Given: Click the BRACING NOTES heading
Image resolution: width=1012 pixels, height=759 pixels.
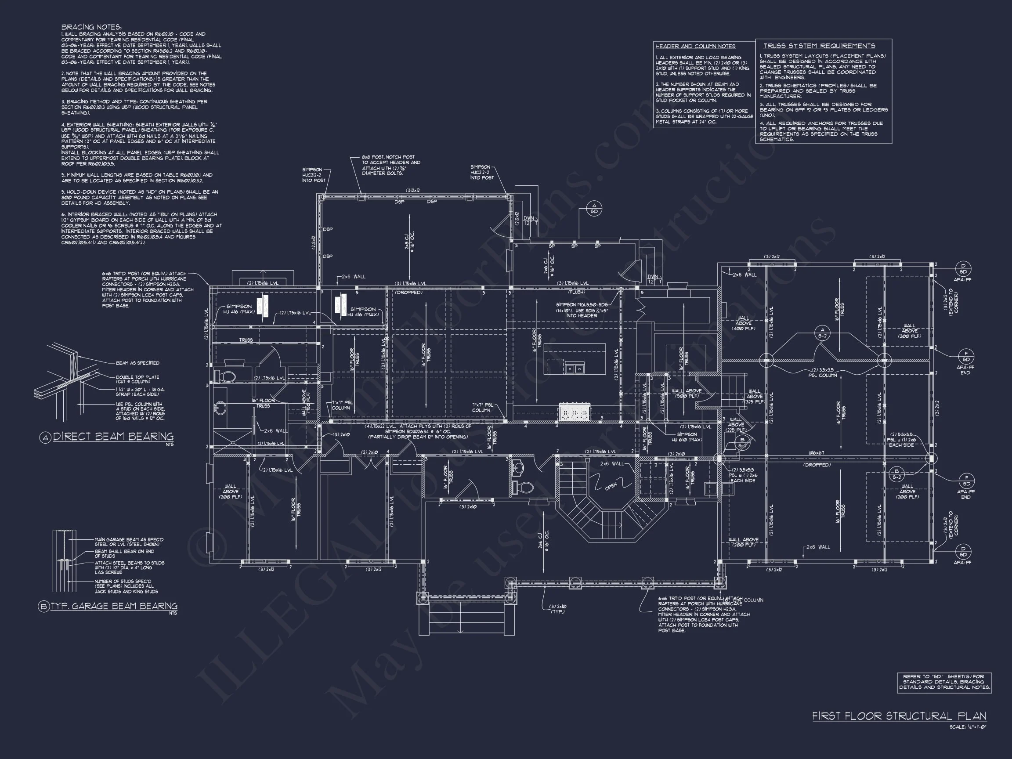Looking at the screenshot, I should click(x=91, y=27).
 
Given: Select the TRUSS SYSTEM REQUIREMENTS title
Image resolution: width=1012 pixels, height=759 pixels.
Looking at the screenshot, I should click(x=819, y=46).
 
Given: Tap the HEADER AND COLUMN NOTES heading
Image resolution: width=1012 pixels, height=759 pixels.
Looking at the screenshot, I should click(x=695, y=46).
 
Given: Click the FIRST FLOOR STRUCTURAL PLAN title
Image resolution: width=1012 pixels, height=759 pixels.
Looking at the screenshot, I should click(x=899, y=716).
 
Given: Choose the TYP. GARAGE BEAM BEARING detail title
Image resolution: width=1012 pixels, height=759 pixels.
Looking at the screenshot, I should click(x=113, y=606).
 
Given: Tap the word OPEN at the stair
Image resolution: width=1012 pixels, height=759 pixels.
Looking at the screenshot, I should click(x=611, y=486).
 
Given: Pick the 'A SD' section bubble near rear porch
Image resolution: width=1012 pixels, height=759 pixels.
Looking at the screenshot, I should click(x=594, y=209).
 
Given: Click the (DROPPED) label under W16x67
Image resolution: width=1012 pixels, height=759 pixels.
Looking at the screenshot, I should click(x=817, y=465).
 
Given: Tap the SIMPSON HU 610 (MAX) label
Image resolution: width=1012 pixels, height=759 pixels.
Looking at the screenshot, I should click(x=687, y=437).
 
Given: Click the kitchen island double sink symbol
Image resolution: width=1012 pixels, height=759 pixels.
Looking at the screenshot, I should click(x=574, y=367).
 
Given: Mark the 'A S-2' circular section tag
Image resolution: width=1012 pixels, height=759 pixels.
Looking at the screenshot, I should click(x=822, y=333).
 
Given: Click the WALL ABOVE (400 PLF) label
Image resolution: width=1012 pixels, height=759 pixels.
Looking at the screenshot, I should click(x=743, y=323).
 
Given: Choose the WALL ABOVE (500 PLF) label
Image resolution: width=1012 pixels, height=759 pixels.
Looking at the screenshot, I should click(x=687, y=394).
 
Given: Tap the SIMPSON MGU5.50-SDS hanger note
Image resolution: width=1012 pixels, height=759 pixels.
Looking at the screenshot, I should click(x=582, y=310).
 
